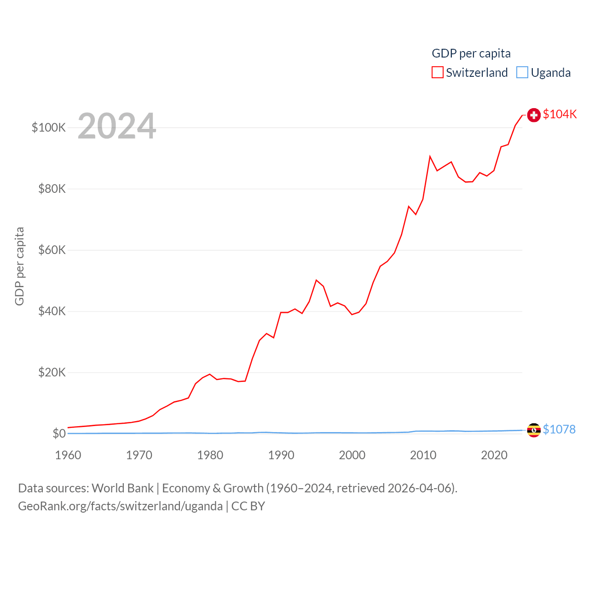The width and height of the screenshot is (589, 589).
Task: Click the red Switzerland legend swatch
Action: click(x=437, y=73)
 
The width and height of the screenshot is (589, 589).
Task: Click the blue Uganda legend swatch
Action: click(x=522, y=73)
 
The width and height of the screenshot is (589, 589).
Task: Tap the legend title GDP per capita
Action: click(x=471, y=53)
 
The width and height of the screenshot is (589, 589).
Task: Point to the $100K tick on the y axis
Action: click(x=49, y=127)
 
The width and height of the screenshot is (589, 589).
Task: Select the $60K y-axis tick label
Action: click(x=52, y=250)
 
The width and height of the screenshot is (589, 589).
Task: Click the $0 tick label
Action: click(x=59, y=433)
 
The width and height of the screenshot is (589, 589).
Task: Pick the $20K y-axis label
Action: click(x=52, y=372)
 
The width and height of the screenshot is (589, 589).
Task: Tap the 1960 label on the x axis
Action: click(x=68, y=455)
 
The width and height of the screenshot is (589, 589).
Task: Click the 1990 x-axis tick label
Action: click(x=281, y=455)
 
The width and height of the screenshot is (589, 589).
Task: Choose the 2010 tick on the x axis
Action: click(x=423, y=455)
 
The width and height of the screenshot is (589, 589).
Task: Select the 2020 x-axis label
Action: click(x=494, y=455)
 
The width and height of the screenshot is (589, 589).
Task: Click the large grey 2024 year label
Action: click(x=117, y=126)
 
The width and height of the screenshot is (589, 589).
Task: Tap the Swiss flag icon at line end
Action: click(x=534, y=115)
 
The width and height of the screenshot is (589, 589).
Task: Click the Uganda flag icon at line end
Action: click(x=534, y=430)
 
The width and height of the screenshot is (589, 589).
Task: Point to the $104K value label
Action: click(x=560, y=114)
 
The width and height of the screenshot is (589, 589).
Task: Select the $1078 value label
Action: click(x=559, y=429)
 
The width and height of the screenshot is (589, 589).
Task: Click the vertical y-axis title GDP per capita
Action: click(x=19, y=266)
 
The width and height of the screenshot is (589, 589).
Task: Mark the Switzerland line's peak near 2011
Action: click(x=430, y=157)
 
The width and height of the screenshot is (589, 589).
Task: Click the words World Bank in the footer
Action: click(x=122, y=488)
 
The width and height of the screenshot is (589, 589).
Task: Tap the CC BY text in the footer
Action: click(x=248, y=506)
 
